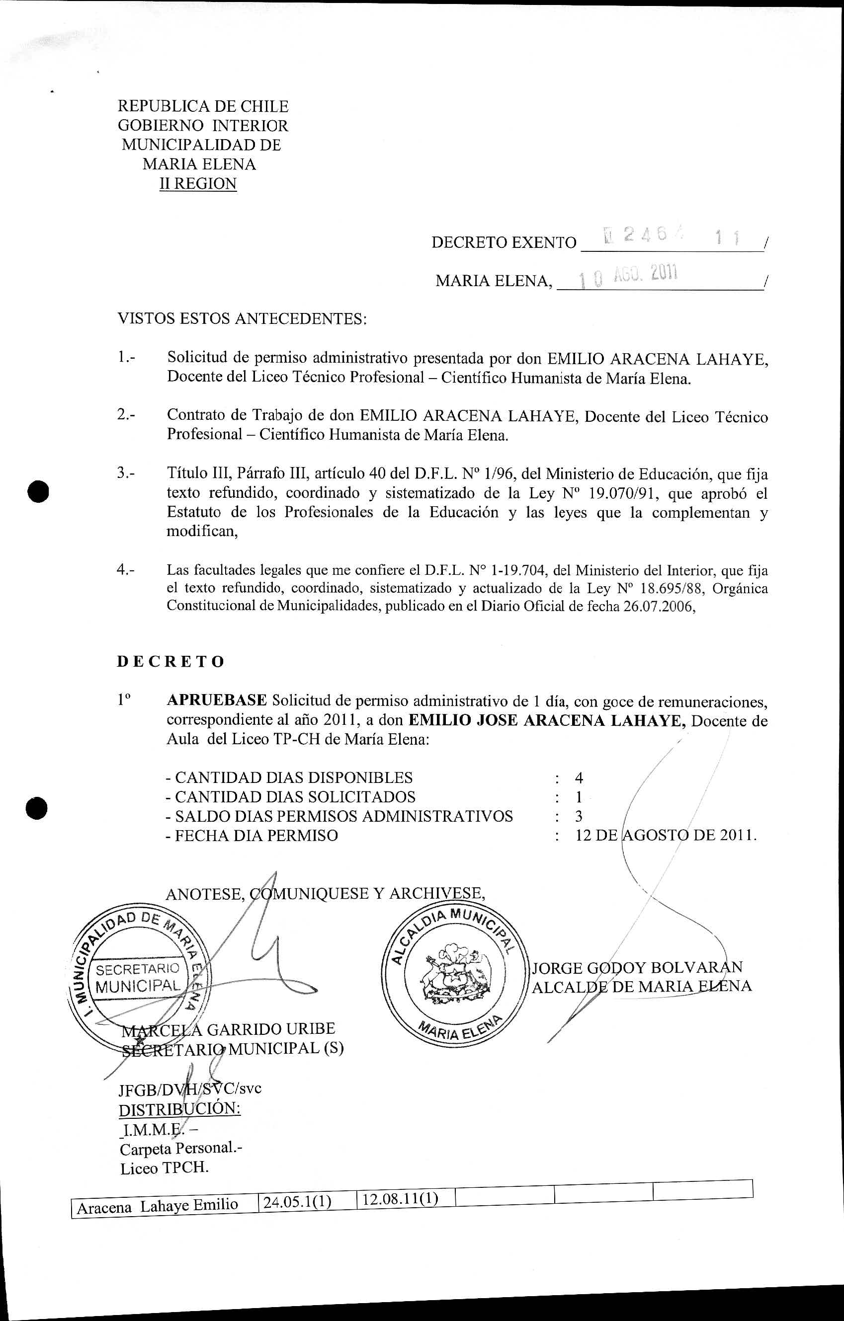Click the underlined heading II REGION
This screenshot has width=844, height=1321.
coord(198,184)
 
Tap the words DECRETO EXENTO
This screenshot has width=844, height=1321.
coord(504,242)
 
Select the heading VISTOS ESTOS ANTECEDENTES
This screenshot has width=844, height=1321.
coord(242,319)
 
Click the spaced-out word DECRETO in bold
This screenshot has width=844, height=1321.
coord(170,662)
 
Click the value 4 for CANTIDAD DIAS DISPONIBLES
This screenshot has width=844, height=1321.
coord(579,778)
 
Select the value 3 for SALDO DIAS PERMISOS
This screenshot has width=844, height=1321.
coord(579,816)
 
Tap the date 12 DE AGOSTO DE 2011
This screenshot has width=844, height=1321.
coord(666,836)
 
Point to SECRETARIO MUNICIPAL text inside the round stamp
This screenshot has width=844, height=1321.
coord(138,978)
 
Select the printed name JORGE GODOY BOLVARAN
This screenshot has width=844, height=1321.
coord(637,967)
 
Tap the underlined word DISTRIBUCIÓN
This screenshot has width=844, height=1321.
coord(179,1108)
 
